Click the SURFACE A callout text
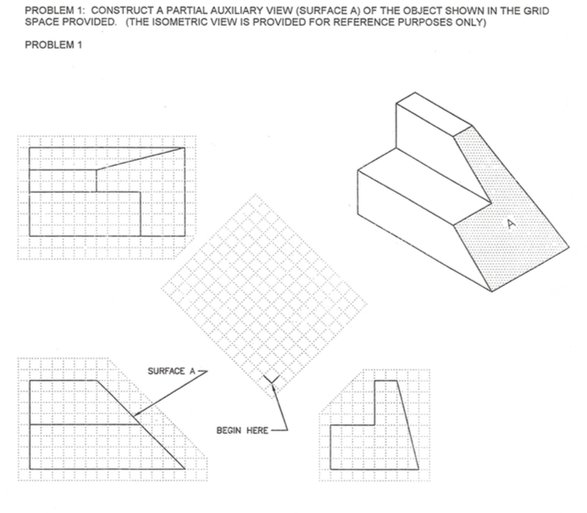pyautogui.click(x=171, y=371)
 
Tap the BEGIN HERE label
pyautogui.click(x=241, y=430)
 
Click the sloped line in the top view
pyautogui.click(x=141, y=159)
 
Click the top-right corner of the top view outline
pyautogui.click(x=184, y=148)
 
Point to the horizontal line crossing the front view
pyautogui.click(x=83, y=425)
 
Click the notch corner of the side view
pyautogui.click(x=376, y=426)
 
